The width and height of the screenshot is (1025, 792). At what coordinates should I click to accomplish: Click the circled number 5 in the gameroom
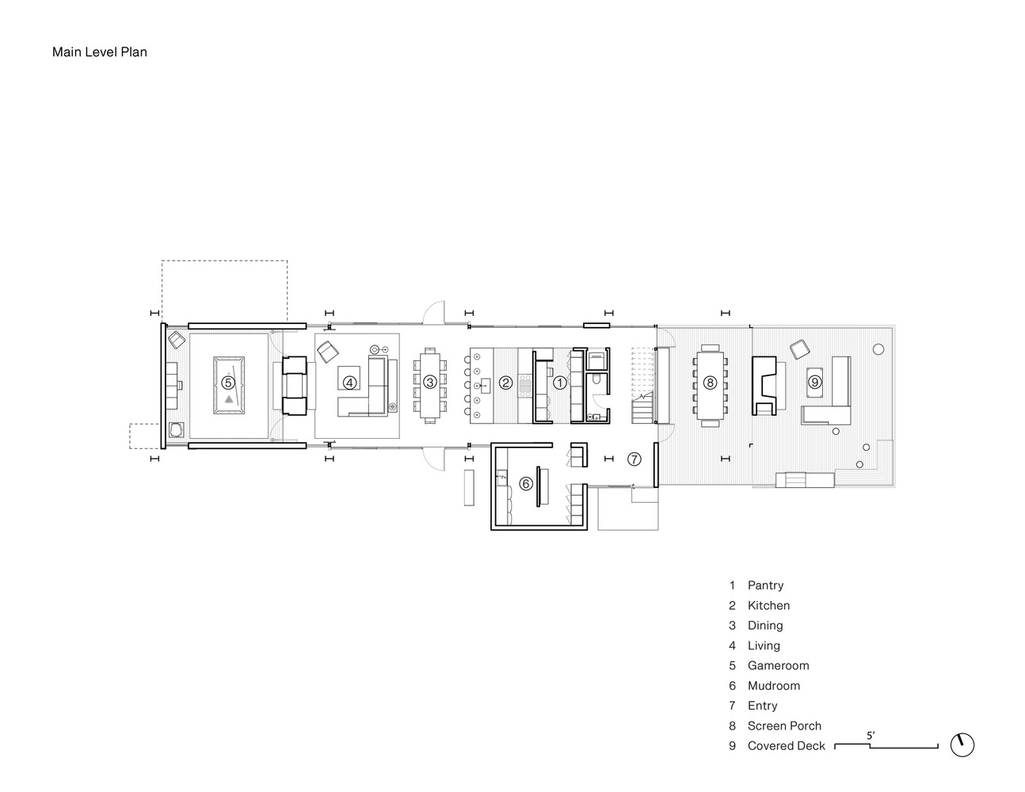pos(228,383)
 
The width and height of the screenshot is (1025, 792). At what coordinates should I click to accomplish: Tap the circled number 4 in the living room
pos(349,383)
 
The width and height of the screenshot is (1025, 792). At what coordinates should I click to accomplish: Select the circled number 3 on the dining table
pos(429,383)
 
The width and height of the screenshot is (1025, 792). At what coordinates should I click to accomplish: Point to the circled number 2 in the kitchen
pos(505,383)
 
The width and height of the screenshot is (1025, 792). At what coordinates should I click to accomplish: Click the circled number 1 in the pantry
pos(560,383)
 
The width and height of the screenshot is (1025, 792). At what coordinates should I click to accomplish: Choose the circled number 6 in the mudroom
pos(526,483)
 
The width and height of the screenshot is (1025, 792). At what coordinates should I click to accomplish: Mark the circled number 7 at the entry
pos(634,459)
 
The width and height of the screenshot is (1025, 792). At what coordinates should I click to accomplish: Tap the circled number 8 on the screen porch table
pos(710,383)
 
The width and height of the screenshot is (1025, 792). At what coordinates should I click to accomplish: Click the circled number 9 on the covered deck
pos(814,382)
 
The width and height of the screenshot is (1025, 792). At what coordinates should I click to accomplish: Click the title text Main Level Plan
pos(100,51)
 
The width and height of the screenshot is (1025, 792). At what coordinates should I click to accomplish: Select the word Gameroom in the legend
pos(779,665)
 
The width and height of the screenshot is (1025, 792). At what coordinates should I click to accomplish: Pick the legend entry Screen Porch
pos(784,726)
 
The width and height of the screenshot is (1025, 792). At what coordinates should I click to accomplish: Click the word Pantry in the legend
pos(765,585)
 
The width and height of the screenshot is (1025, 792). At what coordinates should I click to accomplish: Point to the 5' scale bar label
pos(871,736)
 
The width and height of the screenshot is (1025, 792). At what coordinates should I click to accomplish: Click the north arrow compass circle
pos(962,745)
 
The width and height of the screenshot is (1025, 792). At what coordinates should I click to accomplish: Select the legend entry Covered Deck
pos(787,746)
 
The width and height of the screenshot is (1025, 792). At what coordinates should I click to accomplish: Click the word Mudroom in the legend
pos(774,686)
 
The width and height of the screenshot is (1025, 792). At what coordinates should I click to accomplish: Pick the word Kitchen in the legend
pos(769,605)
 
